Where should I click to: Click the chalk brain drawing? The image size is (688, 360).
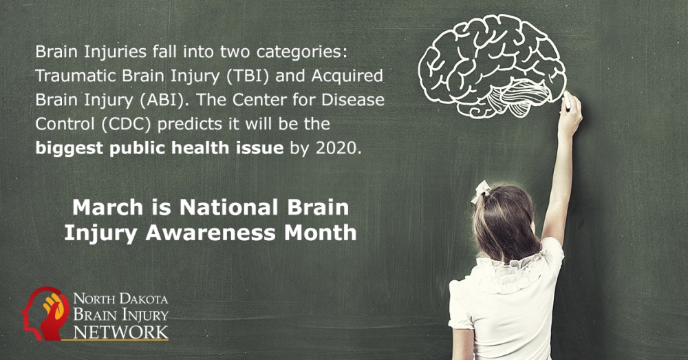click(492, 65)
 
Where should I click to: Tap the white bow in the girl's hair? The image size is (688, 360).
click(480, 191)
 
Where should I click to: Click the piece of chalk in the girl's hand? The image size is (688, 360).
click(566, 100)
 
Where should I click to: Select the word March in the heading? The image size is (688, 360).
click(107, 207)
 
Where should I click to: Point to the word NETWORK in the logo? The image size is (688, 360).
click(120, 332)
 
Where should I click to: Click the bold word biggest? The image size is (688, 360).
click(69, 149)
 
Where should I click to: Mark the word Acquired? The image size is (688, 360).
click(347, 76)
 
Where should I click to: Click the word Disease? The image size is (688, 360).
click(353, 100)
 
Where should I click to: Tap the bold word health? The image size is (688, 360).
click(200, 148)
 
